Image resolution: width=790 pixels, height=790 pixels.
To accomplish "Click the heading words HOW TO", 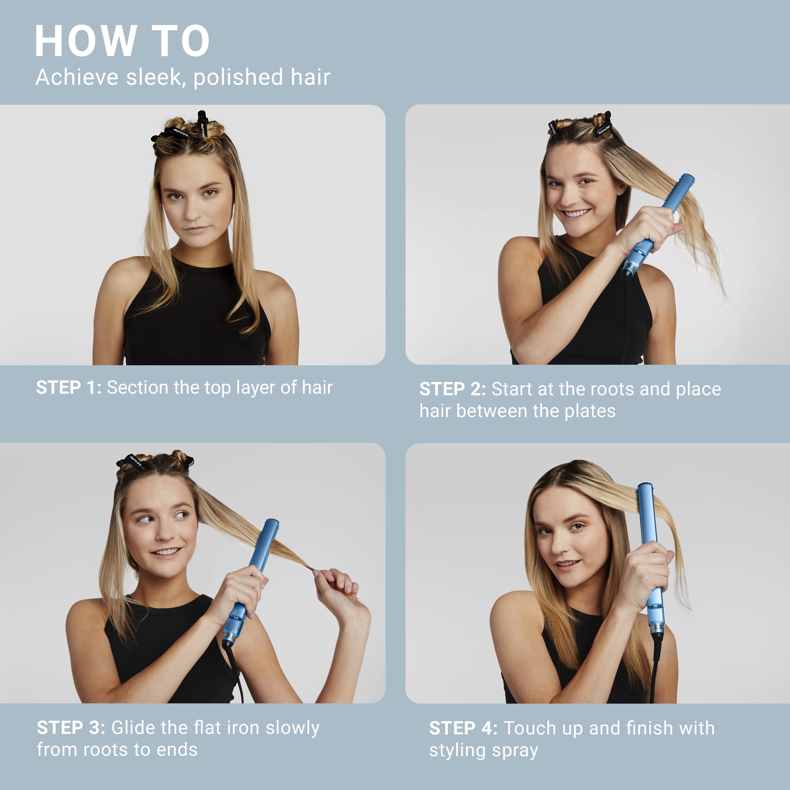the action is [122, 41].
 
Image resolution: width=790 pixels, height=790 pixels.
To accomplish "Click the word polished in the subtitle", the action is [238, 78].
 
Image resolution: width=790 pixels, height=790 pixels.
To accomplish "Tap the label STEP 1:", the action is [69, 387].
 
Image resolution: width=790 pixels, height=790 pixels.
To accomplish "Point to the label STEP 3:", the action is [71, 727].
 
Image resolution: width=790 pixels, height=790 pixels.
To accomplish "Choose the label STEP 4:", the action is [463, 728].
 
